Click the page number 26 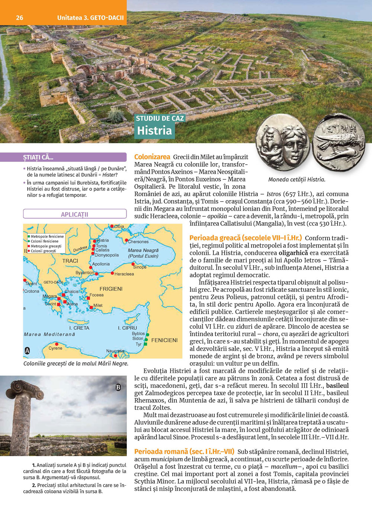[19, 18]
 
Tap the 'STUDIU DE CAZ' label [160, 119]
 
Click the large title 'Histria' [154, 130]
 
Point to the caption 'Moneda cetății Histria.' [296, 180]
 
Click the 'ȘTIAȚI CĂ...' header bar [74, 157]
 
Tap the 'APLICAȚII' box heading [74, 214]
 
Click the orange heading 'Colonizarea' [152, 157]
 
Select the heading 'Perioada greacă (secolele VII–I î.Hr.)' [246, 238]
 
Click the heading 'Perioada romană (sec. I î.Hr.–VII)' [184, 452]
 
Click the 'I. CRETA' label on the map [79, 328]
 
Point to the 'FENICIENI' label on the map [164, 340]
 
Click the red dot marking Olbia [112, 226]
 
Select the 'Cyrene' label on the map [55, 348]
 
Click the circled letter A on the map [27, 350]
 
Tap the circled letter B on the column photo [118, 387]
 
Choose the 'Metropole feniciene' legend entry [47, 236]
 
